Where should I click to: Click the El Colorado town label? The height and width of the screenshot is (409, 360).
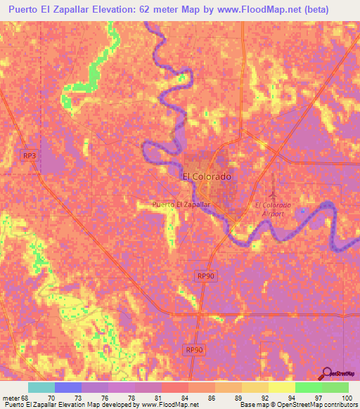(207, 177)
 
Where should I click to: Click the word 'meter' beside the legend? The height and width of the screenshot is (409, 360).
(11, 397)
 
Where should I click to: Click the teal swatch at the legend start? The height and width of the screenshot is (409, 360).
(41, 387)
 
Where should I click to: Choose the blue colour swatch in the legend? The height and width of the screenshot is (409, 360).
(68, 387)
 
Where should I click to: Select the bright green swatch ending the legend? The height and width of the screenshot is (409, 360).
(335, 387)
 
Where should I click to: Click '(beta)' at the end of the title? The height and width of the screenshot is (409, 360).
(335, 10)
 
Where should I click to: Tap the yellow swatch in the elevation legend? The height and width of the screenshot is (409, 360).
(282, 387)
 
